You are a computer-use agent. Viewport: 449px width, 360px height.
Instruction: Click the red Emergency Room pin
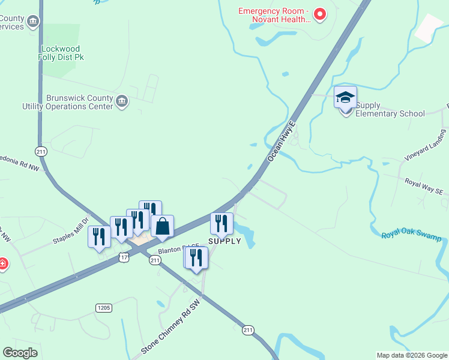tap(320, 14)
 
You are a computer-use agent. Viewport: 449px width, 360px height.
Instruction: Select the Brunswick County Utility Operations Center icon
tap(122, 101)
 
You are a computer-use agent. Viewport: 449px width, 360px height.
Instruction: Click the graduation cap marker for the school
tap(345, 97)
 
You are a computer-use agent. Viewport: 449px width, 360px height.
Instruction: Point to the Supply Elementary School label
tap(390, 110)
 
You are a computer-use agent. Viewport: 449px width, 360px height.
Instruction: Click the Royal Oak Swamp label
tap(411, 235)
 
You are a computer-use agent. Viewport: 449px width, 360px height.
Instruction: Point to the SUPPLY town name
tap(224, 241)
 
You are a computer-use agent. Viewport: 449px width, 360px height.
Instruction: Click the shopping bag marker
tap(162, 227)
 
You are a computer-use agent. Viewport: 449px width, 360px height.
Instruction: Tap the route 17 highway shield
tap(124, 257)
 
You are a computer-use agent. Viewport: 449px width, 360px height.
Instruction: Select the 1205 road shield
tap(103, 308)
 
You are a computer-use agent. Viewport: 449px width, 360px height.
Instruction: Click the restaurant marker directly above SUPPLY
tap(221, 224)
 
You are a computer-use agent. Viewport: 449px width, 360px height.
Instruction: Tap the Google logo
tap(20, 352)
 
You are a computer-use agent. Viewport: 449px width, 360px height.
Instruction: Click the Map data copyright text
tap(412, 355)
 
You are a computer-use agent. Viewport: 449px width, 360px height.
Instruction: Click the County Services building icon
tap(34, 22)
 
